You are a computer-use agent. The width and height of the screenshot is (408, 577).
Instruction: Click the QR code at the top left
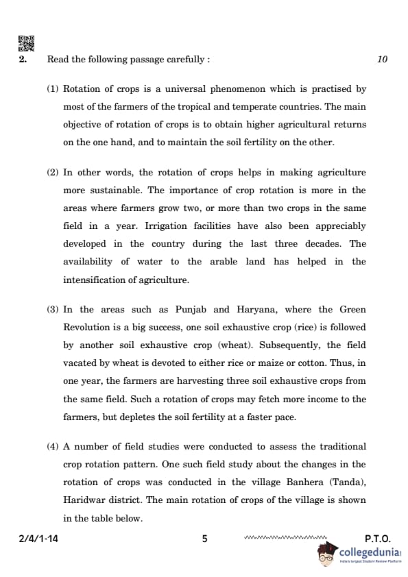25,43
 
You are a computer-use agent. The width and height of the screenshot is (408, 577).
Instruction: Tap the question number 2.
23,60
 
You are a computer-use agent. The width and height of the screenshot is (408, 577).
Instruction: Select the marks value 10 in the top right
382,60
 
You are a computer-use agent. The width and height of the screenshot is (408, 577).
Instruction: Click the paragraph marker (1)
53,89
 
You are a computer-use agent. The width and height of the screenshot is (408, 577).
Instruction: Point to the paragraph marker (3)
53,310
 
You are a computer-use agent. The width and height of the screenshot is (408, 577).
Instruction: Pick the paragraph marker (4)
53,446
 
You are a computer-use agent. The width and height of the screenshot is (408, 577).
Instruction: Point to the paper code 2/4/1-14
38,539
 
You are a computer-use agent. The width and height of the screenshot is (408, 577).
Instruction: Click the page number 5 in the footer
204,539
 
